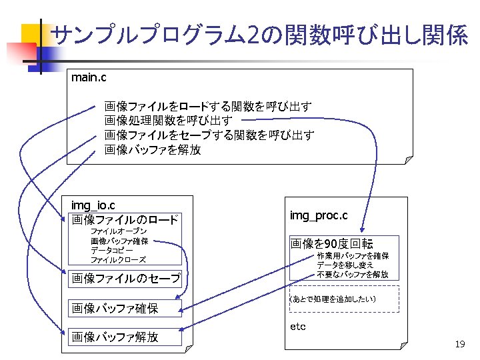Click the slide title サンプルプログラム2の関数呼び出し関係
258,35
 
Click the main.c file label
89,78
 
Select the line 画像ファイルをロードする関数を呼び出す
208,107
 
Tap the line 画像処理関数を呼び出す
169,121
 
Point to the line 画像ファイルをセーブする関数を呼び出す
209,135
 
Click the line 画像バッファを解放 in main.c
153,150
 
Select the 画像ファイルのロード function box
125,220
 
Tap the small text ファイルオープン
119,231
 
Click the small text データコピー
112,250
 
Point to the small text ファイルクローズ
118,259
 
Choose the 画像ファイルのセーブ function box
125,279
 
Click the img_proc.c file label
318,216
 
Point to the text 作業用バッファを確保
352,256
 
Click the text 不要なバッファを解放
352,275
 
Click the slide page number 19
459,344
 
